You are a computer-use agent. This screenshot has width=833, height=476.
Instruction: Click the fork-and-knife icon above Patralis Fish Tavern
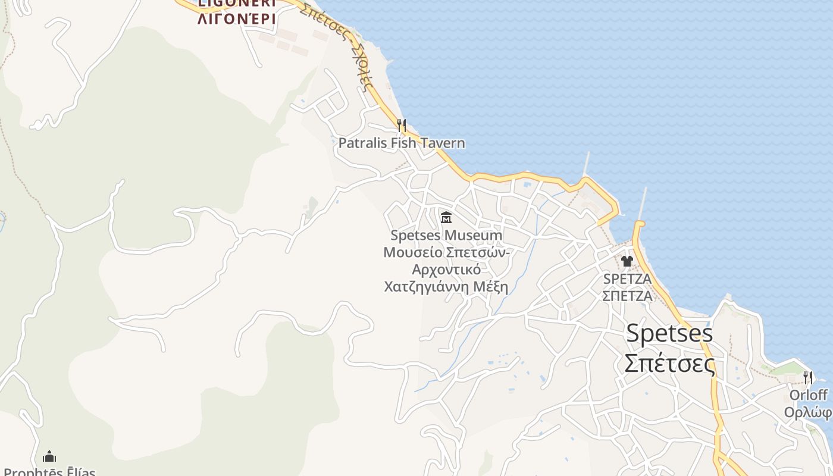402,126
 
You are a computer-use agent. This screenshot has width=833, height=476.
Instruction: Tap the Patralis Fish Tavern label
402,143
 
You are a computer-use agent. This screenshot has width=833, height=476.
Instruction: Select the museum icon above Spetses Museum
446,217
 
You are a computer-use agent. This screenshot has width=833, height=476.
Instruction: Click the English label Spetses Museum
446,236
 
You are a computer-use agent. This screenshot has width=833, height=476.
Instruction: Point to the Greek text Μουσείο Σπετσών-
446,252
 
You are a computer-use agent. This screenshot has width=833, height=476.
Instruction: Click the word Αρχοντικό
446,270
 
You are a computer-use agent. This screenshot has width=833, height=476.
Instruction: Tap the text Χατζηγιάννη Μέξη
446,287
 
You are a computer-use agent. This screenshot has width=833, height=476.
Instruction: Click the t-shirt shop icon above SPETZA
627,261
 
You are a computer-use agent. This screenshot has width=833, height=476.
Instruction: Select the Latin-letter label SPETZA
627,278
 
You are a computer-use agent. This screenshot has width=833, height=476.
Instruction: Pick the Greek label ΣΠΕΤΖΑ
627,296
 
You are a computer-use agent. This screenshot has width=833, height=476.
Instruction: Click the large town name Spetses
669,333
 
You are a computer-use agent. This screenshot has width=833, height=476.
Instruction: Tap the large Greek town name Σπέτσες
669,363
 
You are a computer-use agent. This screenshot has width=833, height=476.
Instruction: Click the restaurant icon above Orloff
807,377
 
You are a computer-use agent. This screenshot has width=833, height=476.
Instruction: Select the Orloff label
808,395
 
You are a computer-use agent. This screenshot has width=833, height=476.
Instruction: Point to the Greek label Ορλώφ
808,412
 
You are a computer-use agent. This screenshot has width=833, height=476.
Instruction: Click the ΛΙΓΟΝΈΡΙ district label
236,19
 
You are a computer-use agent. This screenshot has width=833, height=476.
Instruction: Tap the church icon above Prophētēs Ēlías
49,456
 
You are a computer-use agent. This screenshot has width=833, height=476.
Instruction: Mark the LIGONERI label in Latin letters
236,3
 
